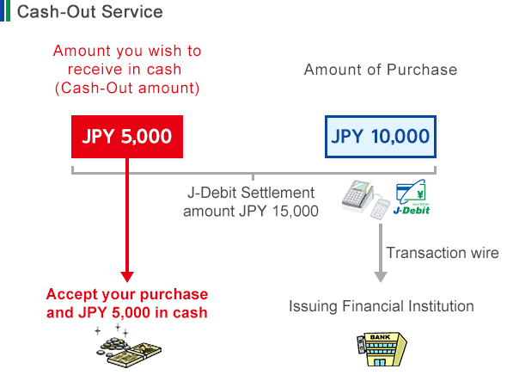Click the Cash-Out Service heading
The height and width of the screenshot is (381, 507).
89,12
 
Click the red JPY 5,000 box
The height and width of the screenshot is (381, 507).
127,136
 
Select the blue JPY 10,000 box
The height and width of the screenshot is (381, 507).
380,136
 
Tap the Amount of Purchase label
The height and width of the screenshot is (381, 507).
380,70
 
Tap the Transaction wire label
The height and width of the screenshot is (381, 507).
442,253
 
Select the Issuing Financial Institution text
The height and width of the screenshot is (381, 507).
381,305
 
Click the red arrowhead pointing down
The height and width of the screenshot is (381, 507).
127,276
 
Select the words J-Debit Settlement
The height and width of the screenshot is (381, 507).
250,193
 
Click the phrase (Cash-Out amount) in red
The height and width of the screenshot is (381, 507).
126,87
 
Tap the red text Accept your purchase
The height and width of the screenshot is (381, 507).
126,294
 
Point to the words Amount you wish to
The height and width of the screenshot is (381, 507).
126,51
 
